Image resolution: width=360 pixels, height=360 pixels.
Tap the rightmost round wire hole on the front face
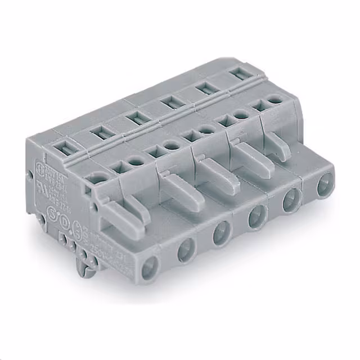(324, 185)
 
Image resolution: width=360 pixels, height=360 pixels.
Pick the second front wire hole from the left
(186, 251)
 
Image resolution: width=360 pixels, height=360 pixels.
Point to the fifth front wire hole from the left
(291, 201)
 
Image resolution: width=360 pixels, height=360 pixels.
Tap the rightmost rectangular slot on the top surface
(237, 73)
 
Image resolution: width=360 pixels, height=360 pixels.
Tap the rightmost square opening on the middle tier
(260, 105)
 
